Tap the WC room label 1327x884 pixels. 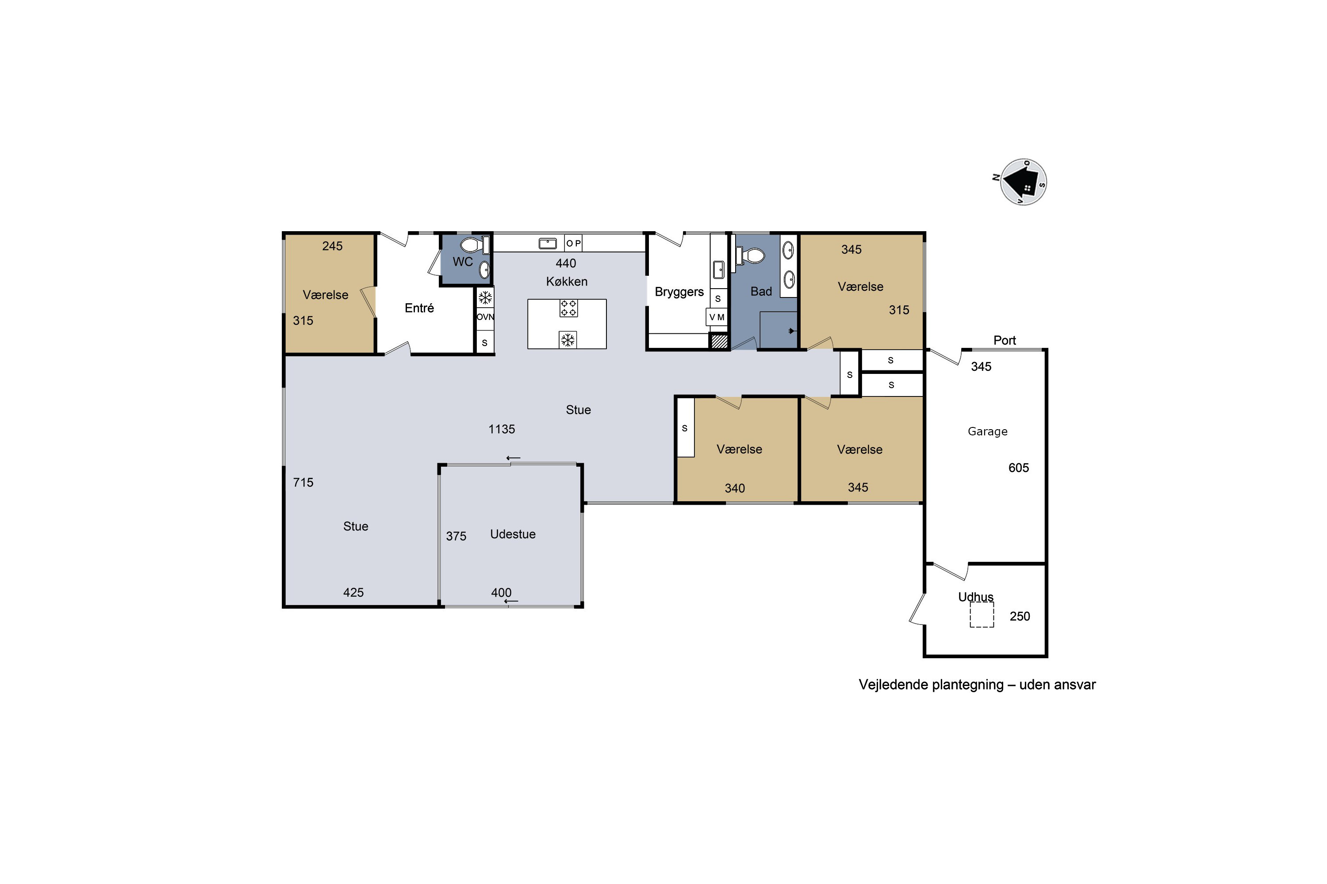tap(463, 262)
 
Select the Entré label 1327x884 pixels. tap(419, 308)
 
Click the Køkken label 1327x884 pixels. tap(567, 281)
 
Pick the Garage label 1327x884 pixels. tap(987, 431)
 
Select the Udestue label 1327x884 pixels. tap(513, 534)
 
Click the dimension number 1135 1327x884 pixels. tap(502, 429)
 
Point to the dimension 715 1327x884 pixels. tap(303, 482)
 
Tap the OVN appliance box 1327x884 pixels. tap(485, 317)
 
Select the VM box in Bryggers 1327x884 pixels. tap(717, 317)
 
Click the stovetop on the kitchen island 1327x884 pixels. tap(568, 309)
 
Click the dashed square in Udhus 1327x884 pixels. tap(982, 614)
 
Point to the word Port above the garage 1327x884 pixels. tap(1004, 340)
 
